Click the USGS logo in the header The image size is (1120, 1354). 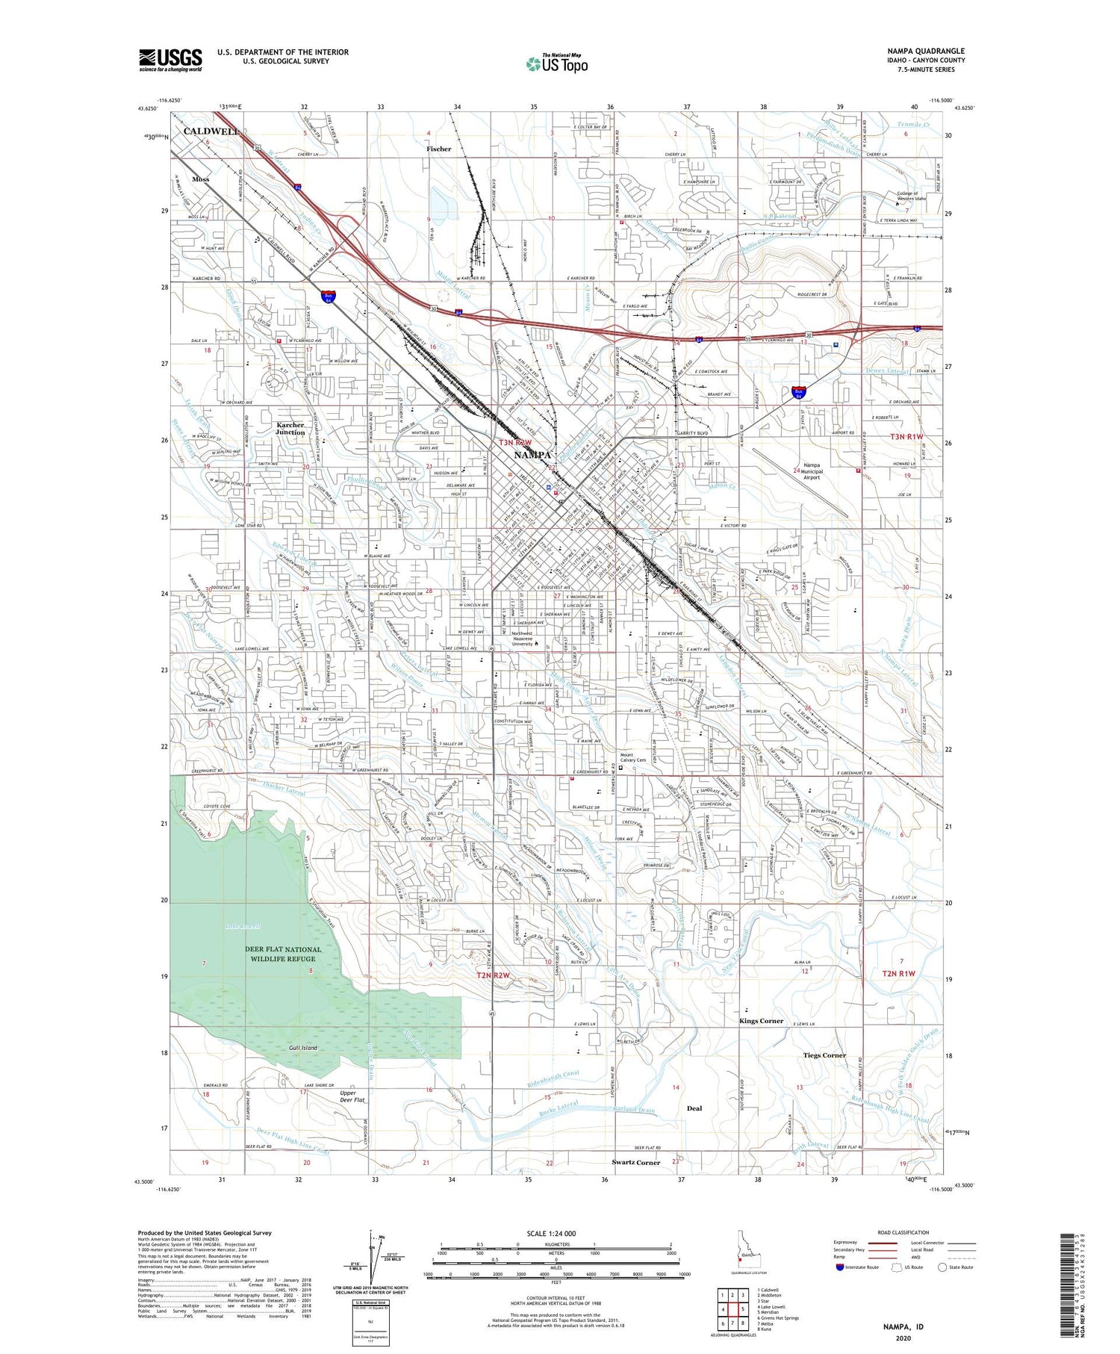click(x=170, y=60)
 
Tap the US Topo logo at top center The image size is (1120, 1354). click(x=557, y=63)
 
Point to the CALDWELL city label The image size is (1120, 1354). click(x=211, y=131)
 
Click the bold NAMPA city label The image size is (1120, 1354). click(x=532, y=455)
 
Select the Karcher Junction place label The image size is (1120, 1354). click(x=290, y=429)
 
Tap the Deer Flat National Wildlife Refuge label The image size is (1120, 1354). click(x=284, y=954)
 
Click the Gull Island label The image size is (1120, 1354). click(x=303, y=1048)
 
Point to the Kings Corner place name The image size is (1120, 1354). click(x=761, y=1021)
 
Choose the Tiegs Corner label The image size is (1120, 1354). click(x=824, y=1055)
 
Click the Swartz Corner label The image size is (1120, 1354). click(x=636, y=1163)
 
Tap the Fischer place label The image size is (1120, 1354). click(x=439, y=149)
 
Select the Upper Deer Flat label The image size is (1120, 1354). click(x=352, y=1096)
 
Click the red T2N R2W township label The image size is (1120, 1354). click(x=493, y=975)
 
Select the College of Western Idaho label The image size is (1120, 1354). click(x=911, y=196)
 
